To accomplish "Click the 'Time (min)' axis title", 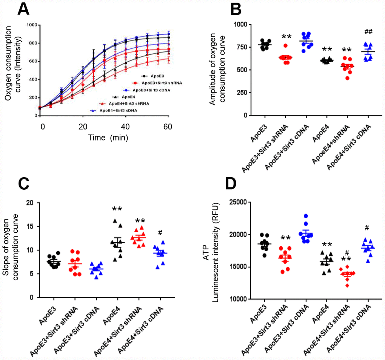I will tap(108, 138).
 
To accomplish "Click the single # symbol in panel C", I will tap(161, 232).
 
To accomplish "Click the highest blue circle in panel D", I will tap(306, 216).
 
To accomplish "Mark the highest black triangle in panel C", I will tap(114, 221).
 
